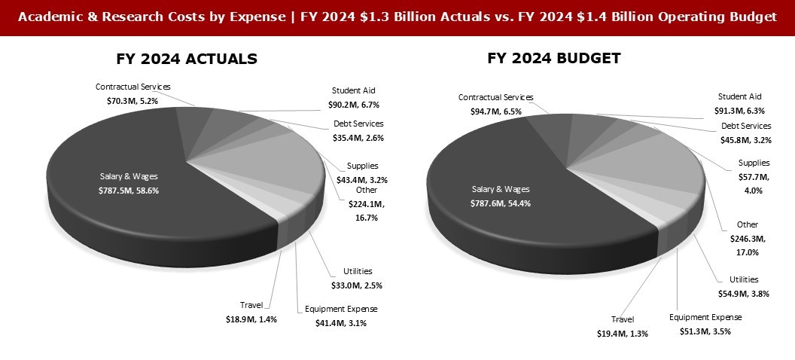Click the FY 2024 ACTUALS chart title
[x=187, y=59]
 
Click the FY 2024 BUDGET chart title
[x=553, y=58]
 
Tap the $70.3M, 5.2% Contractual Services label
[x=133, y=93]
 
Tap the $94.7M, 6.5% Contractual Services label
[x=495, y=104]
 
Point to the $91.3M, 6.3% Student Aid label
[x=739, y=103]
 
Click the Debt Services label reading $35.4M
[x=358, y=130]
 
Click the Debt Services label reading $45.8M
[x=746, y=133]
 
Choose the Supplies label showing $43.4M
[x=362, y=172]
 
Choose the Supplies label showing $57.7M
[x=754, y=175]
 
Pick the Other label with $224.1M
[x=367, y=203]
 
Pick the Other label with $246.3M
[x=748, y=237]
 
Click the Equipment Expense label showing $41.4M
[x=341, y=316]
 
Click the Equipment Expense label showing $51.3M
[x=705, y=324]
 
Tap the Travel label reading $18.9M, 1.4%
[x=251, y=312]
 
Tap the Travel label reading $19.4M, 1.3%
[x=622, y=325]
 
